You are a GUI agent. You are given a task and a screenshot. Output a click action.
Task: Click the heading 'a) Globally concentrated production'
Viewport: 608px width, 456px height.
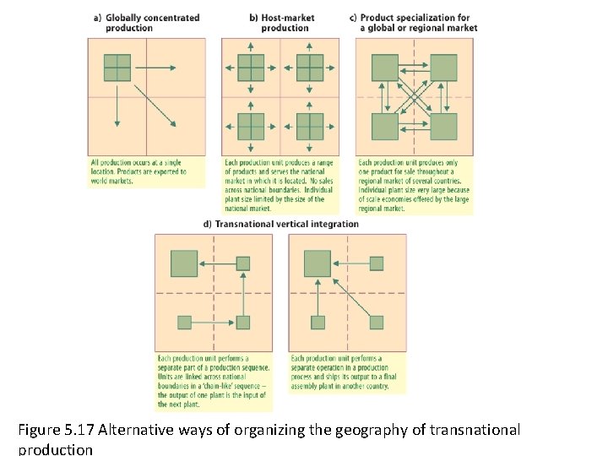pyautogui.click(x=145, y=23)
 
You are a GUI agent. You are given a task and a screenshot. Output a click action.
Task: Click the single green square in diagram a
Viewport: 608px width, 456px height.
pyautogui.click(x=117, y=67)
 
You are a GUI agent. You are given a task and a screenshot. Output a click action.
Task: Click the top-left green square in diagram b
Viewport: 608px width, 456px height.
pyautogui.click(x=251, y=67)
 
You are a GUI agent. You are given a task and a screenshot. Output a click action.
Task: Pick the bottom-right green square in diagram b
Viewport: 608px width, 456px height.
pyautogui.click(x=310, y=126)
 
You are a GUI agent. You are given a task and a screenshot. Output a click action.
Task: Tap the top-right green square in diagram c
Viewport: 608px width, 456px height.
pyautogui.click(x=443, y=67)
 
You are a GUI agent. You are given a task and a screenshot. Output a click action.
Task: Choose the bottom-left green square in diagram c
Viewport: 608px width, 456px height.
pyautogui.click(x=385, y=126)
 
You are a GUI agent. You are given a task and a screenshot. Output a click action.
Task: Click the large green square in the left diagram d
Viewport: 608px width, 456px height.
pyautogui.click(x=184, y=263)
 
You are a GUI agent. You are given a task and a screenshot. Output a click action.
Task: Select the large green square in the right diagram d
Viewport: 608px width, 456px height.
pyautogui.click(x=318, y=263)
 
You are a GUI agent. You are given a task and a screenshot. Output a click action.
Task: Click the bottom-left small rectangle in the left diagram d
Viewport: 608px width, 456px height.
pyautogui.click(x=185, y=322)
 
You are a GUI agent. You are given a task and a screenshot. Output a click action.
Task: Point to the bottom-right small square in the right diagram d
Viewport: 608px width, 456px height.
pyautogui.click(x=377, y=322)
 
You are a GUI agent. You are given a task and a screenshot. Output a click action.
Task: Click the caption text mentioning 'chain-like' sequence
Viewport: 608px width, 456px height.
pyautogui.click(x=214, y=377)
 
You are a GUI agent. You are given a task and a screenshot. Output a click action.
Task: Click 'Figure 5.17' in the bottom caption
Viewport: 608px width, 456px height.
pyautogui.click(x=56, y=430)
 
